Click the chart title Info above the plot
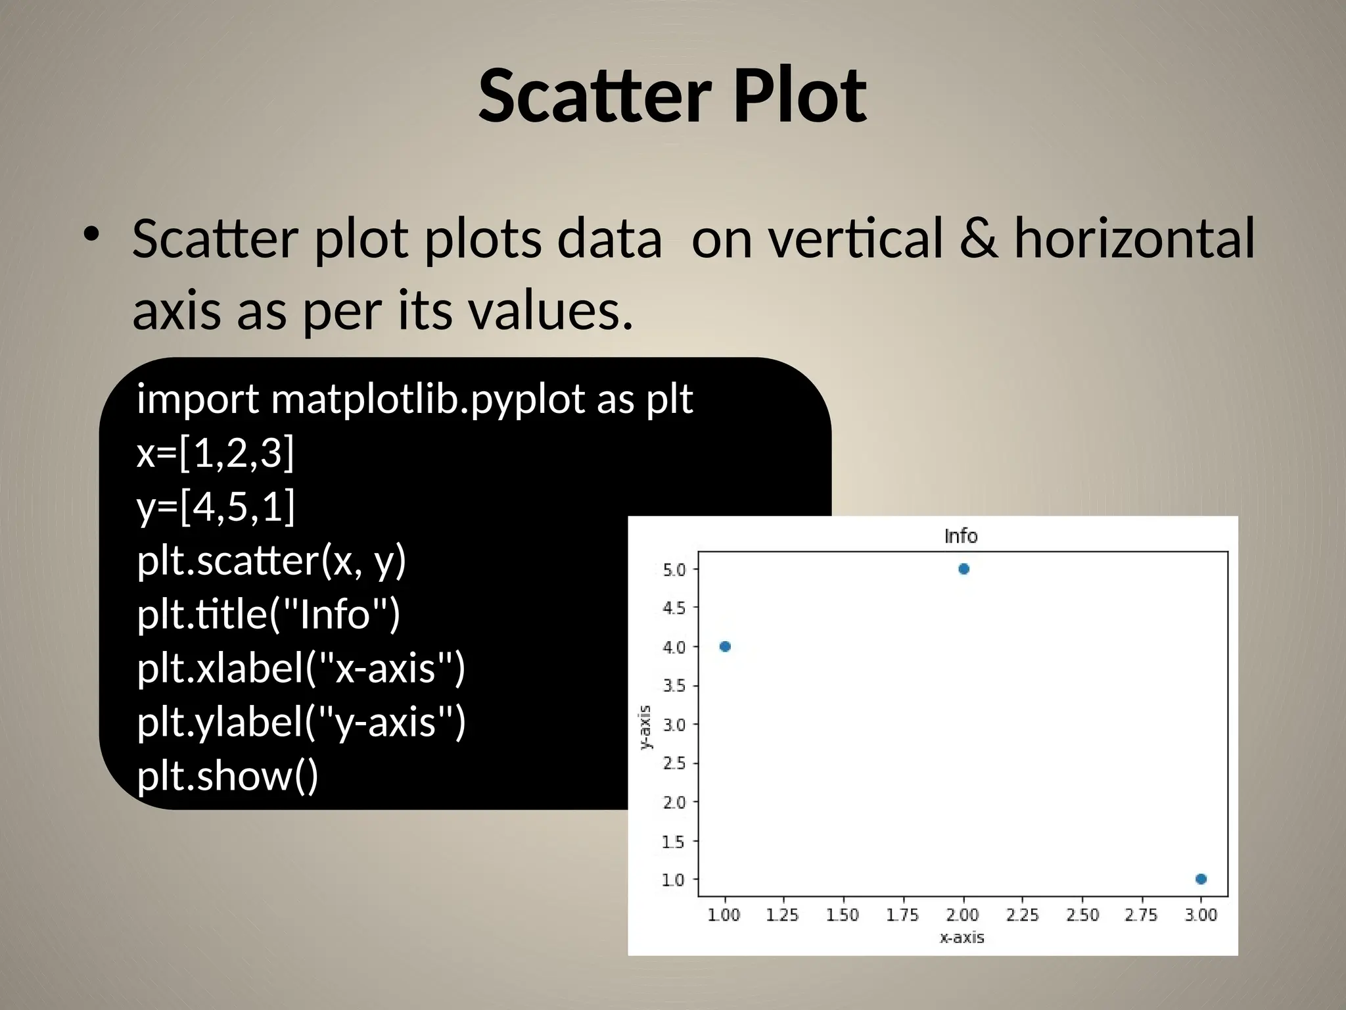(x=960, y=536)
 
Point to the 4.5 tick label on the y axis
(x=674, y=608)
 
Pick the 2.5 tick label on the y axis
(x=674, y=763)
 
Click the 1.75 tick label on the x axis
(x=902, y=915)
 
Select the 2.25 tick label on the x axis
(x=1022, y=915)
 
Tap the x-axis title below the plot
(x=962, y=937)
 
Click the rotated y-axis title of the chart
(x=645, y=727)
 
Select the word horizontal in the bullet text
(x=1134, y=238)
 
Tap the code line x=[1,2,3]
(x=216, y=453)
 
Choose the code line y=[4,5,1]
(x=216, y=507)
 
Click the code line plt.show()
(x=227, y=776)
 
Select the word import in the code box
(x=198, y=399)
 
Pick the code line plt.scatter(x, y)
(x=271, y=561)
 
